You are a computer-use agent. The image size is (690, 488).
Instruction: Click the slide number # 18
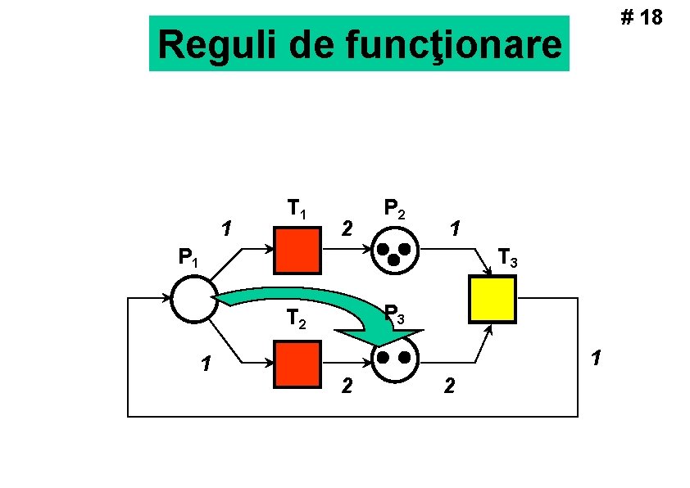click(643, 17)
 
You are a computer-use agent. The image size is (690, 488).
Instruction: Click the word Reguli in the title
click(217, 45)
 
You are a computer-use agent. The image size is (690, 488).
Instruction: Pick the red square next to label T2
click(297, 363)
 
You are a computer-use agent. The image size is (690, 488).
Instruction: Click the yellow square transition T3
click(492, 299)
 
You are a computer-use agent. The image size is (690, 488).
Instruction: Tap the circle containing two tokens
click(395, 358)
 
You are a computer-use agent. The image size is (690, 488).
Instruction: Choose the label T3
click(508, 260)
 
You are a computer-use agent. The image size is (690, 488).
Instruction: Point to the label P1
click(188, 260)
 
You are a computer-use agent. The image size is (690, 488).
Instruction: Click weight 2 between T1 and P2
click(347, 227)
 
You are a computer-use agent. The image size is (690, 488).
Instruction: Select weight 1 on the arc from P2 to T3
click(456, 226)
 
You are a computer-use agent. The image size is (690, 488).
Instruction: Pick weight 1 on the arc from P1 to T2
click(207, 362)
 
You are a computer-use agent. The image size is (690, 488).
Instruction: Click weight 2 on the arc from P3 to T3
click(447, 385)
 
